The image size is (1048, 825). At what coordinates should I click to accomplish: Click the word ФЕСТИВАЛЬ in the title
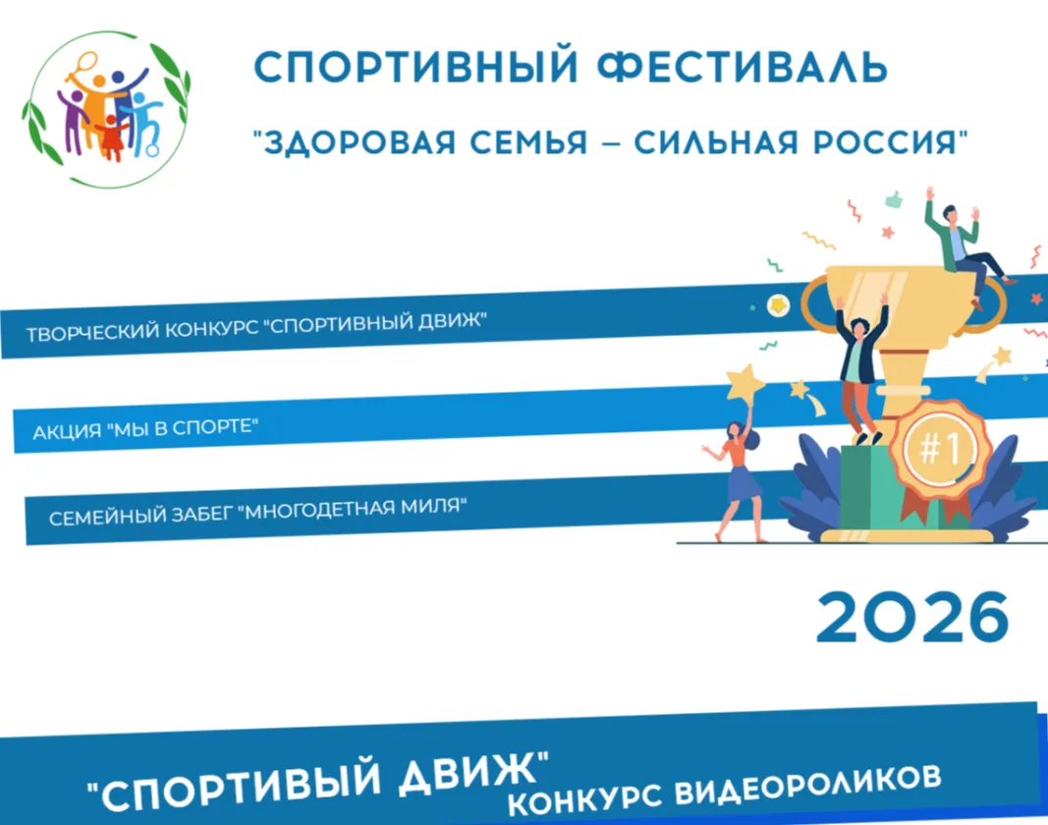tap(742, 67)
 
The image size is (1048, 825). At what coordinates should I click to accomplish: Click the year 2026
tap(912, 617)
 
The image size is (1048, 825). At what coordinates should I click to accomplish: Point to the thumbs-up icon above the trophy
tap(894, 198)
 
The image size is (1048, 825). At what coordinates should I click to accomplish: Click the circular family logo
tap(107, 109)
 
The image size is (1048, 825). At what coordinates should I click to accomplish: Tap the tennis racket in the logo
tap(82, 68)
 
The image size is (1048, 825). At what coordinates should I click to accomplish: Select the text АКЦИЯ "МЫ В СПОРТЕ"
tap(145, 428)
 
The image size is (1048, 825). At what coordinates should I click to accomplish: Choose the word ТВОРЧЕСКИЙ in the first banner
tap(92, 332)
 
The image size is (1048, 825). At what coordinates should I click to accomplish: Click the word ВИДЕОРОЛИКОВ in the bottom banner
tap(807, 787)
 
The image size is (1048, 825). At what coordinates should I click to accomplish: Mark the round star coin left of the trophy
tap(778, 305)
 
